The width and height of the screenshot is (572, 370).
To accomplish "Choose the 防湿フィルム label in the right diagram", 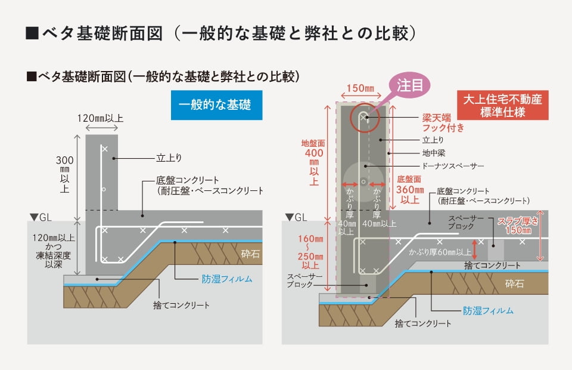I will [488, 310].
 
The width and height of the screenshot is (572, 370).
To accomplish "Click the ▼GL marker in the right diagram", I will [296, 217].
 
